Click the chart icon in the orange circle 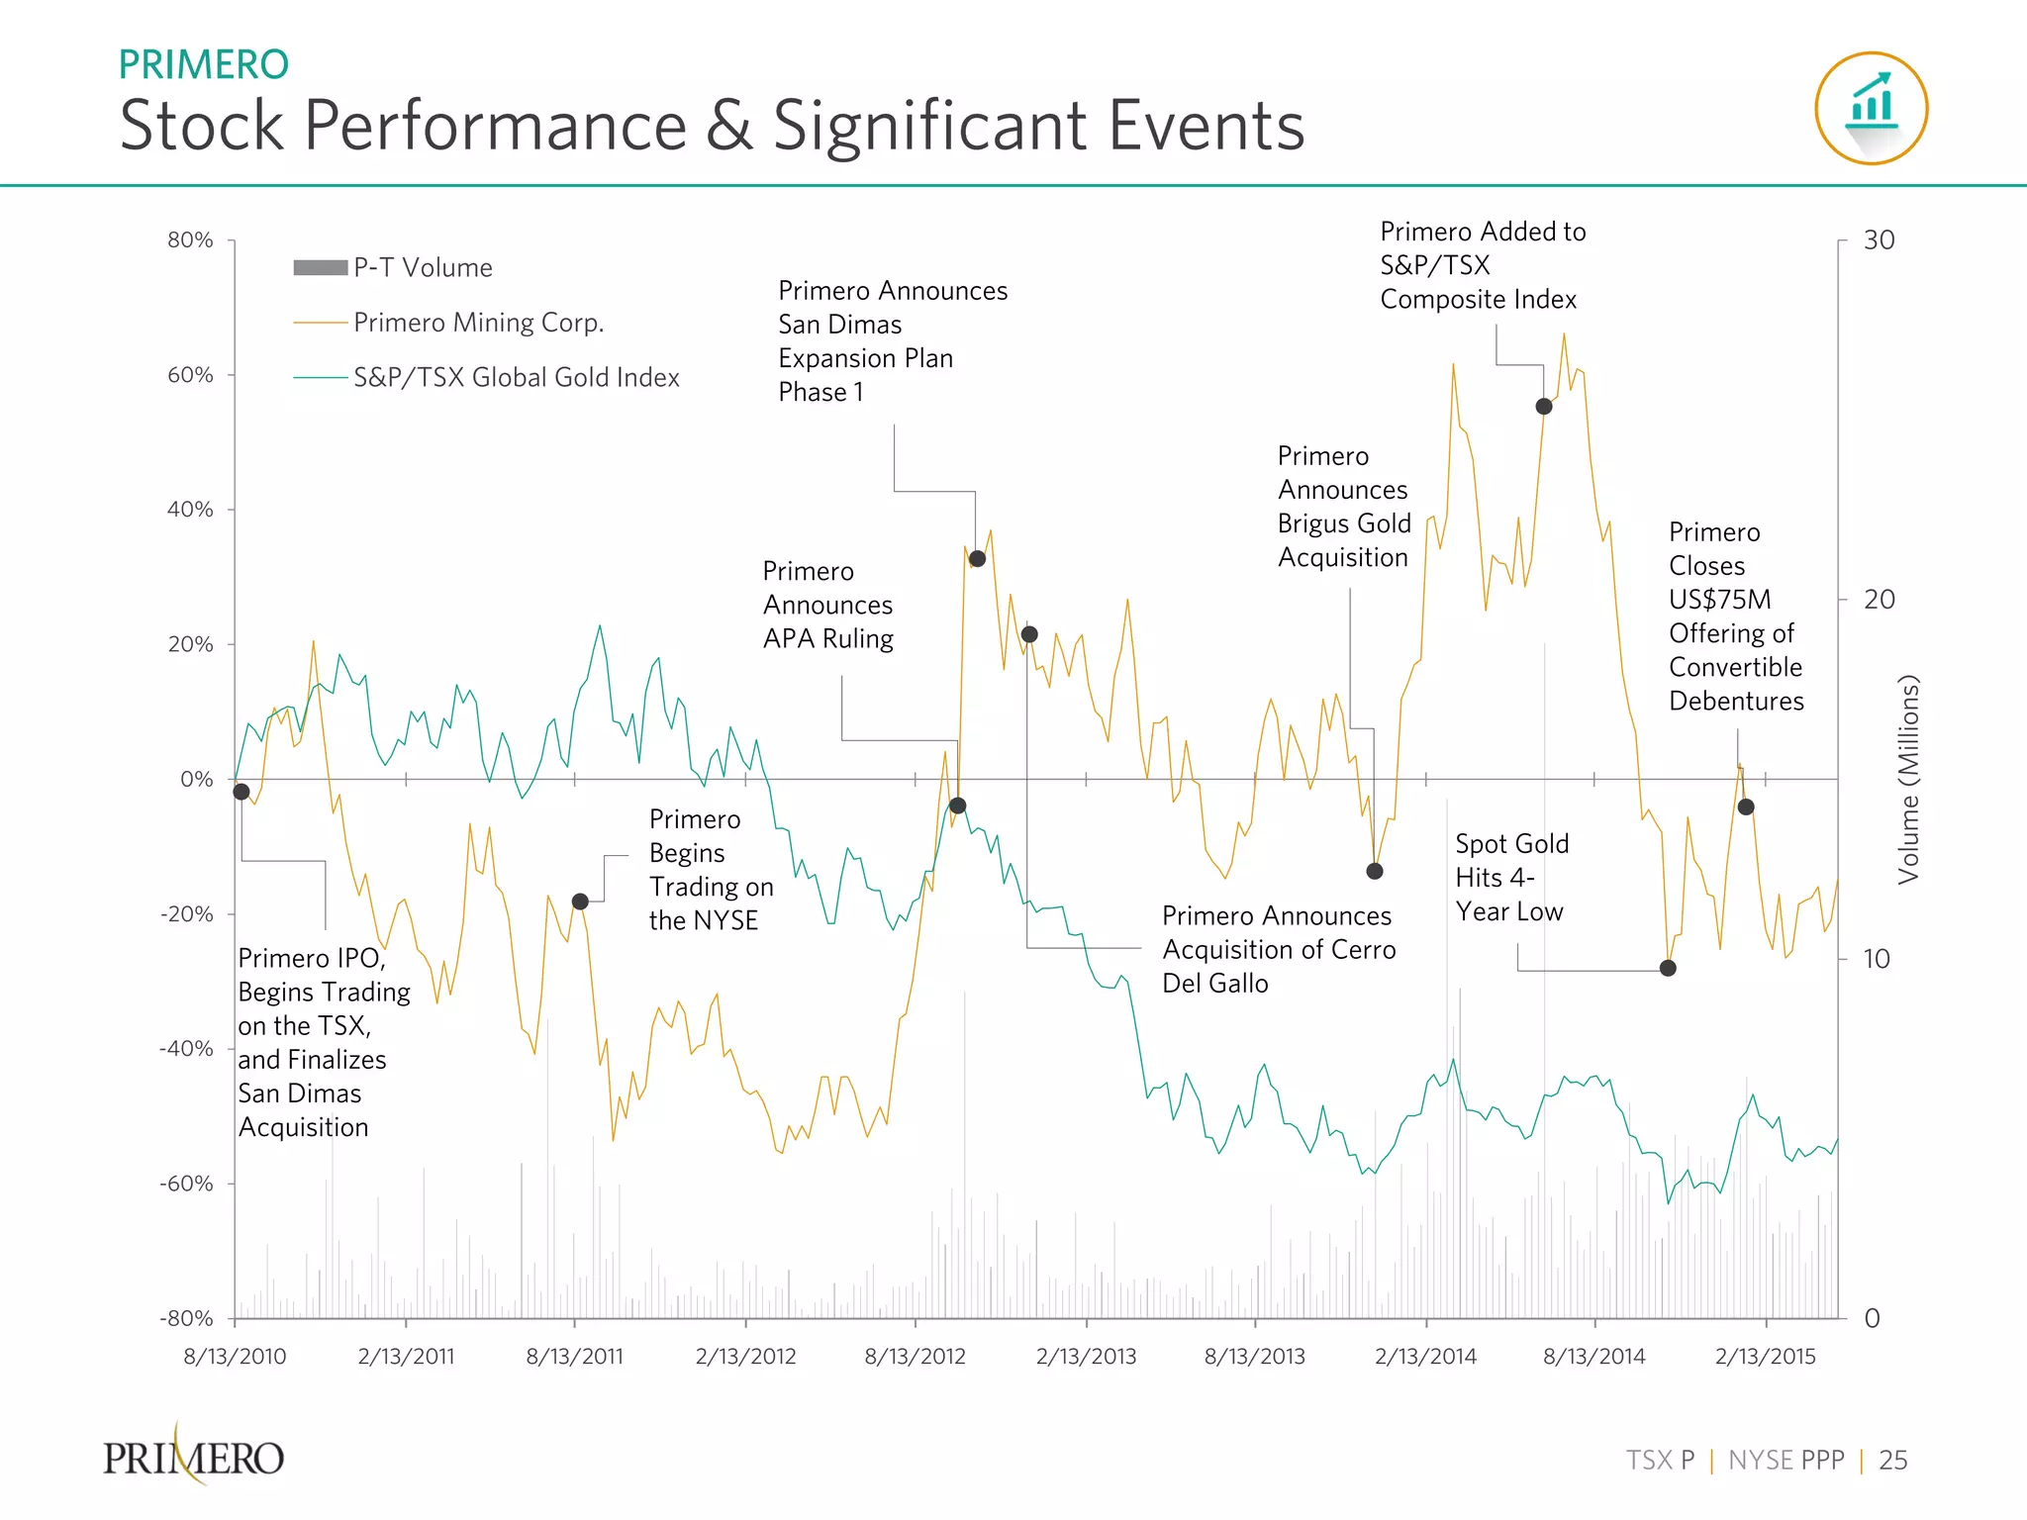pos(1871,108)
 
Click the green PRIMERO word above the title pos(203,65)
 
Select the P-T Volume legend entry pos(393,267)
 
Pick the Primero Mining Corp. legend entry pos(448,323)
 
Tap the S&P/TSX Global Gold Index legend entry pos(487,377)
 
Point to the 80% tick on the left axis pos(190,240)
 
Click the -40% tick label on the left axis pos(186,1048)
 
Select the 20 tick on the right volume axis pos(1879,599)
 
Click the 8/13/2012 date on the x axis pos(915,1356)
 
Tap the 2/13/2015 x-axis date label pos(1765,1356)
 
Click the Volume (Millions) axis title pos(1908,780)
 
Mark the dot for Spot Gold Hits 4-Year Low pos(1668,968)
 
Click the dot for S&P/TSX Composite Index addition pos(1543,407)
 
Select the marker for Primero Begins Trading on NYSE pos(580,902)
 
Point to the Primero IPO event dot pos(241,792)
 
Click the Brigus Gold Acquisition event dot pos(1374,872)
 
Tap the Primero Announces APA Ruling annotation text pos(827,605)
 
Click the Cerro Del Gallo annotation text pos(1278,949)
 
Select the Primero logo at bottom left pos(194,1457)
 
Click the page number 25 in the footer pos(1892,1461)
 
